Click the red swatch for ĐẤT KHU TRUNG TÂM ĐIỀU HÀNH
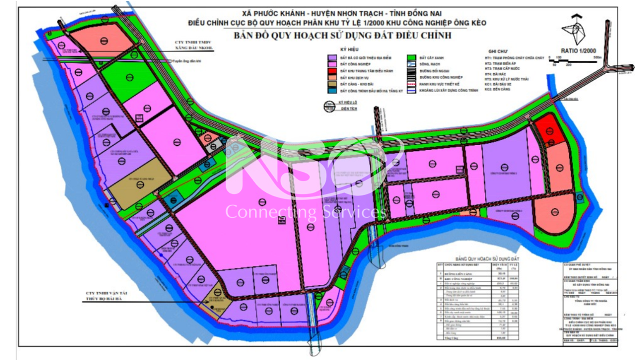point(332,71)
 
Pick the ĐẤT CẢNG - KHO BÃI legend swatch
point(332,84)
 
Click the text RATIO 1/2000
point(579,51)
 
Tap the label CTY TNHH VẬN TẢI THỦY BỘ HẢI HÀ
point(104,297)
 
